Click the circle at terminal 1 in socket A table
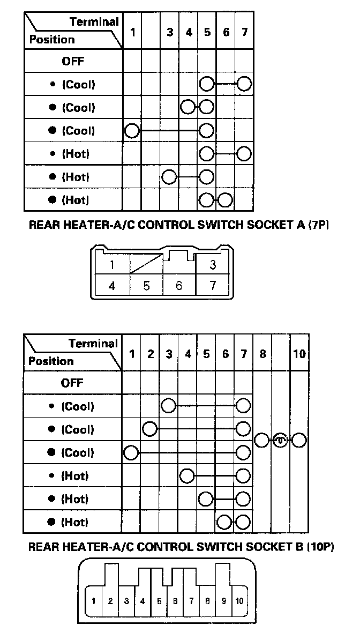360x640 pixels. coord(132,130)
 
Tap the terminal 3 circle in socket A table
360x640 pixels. coord(169,176)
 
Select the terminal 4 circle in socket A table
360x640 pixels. coord(188,107)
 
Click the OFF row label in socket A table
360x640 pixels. coord(73,61)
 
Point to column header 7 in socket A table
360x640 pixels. coord(244,32)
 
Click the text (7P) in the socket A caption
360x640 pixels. coord(317,226)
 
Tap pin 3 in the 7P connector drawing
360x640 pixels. coord(213,264)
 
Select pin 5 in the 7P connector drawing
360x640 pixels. coord(146,285)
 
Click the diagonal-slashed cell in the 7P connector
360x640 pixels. coord(146,264)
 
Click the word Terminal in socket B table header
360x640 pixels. coord(93,343)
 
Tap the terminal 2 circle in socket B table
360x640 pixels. coord(150,429)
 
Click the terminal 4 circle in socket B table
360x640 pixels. coord(187,475)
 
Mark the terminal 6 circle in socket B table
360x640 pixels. coord(225,522)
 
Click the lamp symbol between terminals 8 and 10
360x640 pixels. coord(280,440)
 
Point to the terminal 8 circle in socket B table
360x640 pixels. coord(261,440)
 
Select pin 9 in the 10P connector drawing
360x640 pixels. coord(223,601)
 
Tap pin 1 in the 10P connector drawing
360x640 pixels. coord(94,601)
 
